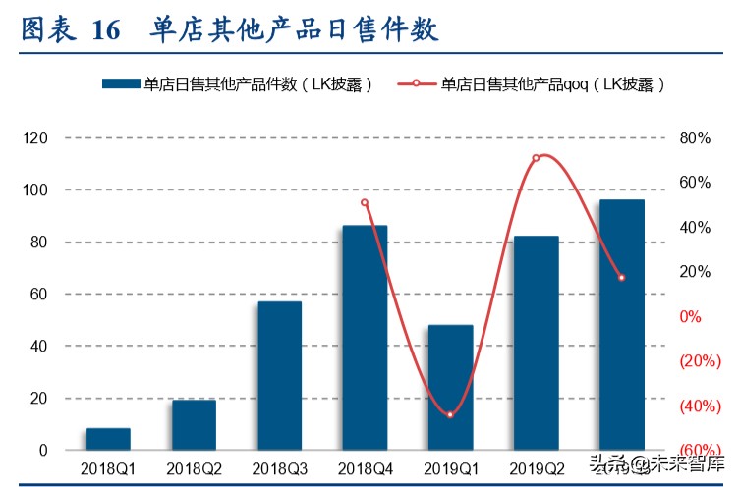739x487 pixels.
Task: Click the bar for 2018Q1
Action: pyautogui.click(x=108, y=439)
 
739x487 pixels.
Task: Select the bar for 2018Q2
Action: pyautogui.click(x=194, y=425)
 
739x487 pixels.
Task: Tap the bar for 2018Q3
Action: pyautogui.click(x=279, y=376)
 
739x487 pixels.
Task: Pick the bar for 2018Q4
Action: pyautogui.click(x=365, y=338)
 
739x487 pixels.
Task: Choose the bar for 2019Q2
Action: pyautogui.click(x=536, y=343)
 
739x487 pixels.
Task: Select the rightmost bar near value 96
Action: pyautogui.click(x=621, y=325)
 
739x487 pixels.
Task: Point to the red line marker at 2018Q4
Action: pyautogui.click(x=365, y=203)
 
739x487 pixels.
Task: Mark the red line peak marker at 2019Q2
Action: pyautogui.click(x=536, y=158)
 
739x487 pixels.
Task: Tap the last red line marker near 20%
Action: pyautogui.click(x=621, y=278)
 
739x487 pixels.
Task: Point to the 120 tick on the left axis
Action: pyautogui.click(x=35, y=138)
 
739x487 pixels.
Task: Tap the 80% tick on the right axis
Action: pyautogui.click(x=695, y=138)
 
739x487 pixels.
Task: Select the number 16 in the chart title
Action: pyautogui.click(x=105, y=30)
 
